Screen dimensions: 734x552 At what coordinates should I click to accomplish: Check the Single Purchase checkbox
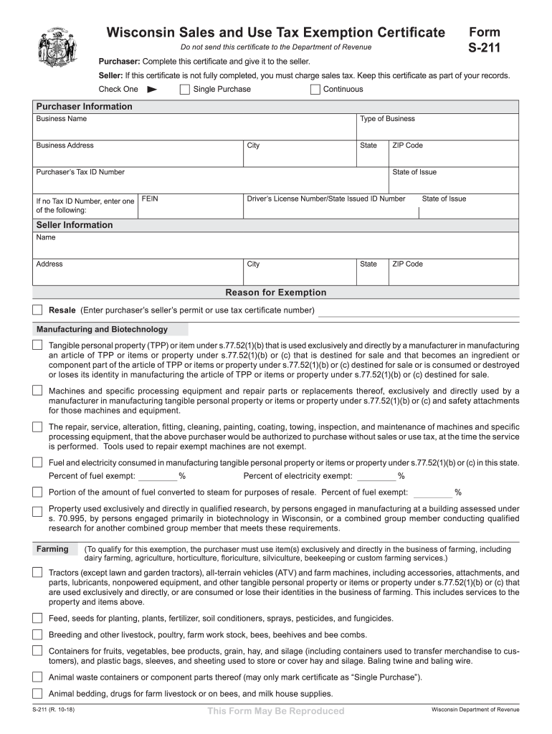point(185,90)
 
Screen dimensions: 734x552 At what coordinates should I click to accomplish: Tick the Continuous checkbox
point(315,90)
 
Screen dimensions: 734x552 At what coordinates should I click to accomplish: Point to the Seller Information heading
point(75,225)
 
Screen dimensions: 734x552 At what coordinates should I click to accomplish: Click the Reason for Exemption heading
point(276,292)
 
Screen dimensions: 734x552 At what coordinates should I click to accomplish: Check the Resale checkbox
point(37,310)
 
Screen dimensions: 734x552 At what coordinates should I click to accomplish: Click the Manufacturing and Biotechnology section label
point(102,330)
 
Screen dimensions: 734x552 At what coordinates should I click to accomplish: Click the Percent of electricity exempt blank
point(376,476)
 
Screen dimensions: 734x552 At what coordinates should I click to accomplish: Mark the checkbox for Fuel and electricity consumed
point(37,463)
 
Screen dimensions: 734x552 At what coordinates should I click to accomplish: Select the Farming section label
point(52,549)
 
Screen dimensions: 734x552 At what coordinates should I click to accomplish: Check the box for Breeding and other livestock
point(37,634)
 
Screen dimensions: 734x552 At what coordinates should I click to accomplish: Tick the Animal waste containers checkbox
point(37,677)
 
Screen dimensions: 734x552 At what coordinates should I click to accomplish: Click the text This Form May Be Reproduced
point(276,711)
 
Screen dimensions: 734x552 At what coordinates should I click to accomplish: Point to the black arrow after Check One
point(151,90)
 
